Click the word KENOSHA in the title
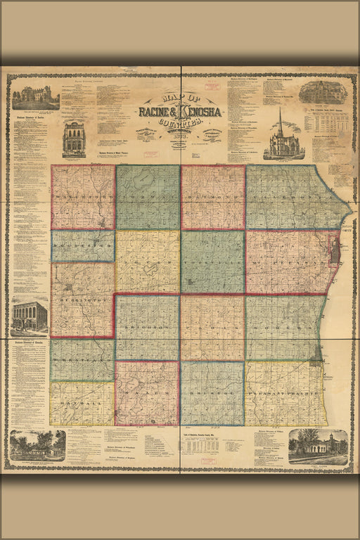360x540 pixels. pyautogui.click(x=202, y=112)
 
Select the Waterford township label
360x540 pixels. pyautogui.click(x=82, y=198)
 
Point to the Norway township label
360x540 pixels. pyautogui.click(x=148, y=198)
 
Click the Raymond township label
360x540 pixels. pyautogui.click(x=213, y=198)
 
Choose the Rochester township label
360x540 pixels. pyautogui.click(x=82, y=246)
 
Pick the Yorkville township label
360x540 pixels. pyautogui.click(x=213, y=262)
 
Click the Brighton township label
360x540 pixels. pyautogui.click(x=148, y=328)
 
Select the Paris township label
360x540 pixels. pyautogui.click(x=213, y=328)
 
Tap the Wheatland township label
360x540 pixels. pyautogui.click(x=82, y=360)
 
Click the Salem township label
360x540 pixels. pyautogui.click(x=148, y=394)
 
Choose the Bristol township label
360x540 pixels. pyautogui.click(x=213, y=394)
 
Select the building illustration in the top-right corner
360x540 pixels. pyautogui.click(x=323, y=92)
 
